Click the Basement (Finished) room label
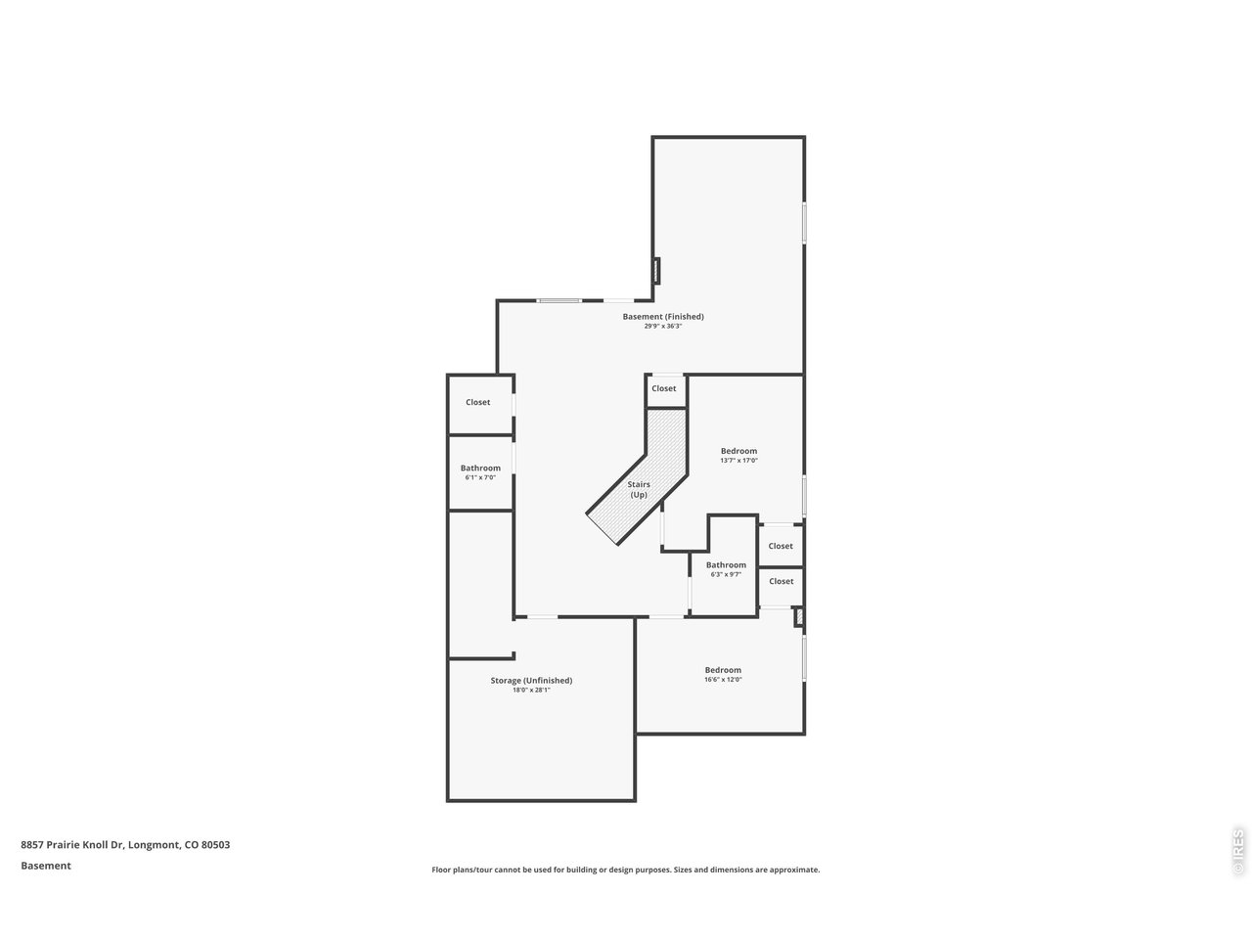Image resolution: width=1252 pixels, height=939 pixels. point(663,316)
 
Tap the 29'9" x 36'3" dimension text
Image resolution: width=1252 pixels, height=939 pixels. point(663,327)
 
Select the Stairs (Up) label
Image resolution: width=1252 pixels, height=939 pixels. point(638,489)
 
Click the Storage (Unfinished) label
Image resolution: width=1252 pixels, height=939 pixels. point(531,680)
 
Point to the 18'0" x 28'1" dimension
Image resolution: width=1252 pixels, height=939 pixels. point(531,691)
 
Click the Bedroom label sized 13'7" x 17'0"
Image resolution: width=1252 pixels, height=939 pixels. point(738,451)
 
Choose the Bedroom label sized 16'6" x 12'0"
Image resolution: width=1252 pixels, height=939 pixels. point(723,670)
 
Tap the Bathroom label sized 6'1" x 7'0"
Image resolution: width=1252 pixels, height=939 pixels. point(480,468)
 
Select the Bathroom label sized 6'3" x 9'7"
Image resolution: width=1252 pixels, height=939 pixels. point(726,564)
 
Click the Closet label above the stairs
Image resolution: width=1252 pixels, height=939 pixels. point(664,388)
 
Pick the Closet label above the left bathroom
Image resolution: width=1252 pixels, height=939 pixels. point(478,402)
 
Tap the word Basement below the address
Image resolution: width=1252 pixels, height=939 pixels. point(46,866)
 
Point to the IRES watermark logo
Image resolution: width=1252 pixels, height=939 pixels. point(1237,851)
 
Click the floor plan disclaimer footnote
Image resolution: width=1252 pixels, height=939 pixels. point(626,870)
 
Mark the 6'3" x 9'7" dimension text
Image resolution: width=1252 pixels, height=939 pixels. point(726,575)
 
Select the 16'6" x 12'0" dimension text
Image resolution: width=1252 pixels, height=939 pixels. point(723,681)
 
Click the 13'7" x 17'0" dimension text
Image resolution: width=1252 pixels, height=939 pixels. point(738,461)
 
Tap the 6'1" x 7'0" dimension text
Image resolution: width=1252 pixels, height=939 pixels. point(479,477)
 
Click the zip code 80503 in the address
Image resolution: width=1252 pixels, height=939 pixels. point(215,845)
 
